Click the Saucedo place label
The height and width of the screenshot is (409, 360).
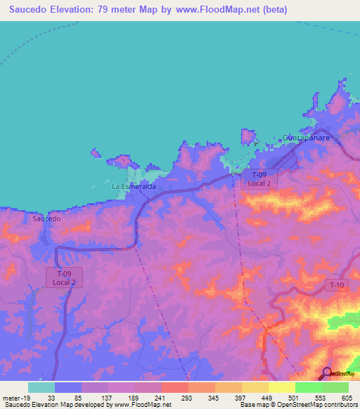(47, 219)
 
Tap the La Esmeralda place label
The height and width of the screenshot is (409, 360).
(134, 188)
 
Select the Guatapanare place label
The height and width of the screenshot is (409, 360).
(305, 138)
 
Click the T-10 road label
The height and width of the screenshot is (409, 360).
(336, 285)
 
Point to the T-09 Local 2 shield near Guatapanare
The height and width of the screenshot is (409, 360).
(259, 178)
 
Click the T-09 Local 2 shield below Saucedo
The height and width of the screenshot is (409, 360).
(65, 277)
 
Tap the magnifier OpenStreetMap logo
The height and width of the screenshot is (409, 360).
(327, 372)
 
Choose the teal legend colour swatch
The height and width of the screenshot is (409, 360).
(41, 387)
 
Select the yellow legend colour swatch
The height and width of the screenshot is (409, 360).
(281, 387)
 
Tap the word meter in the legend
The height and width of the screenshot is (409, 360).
(10, 397)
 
